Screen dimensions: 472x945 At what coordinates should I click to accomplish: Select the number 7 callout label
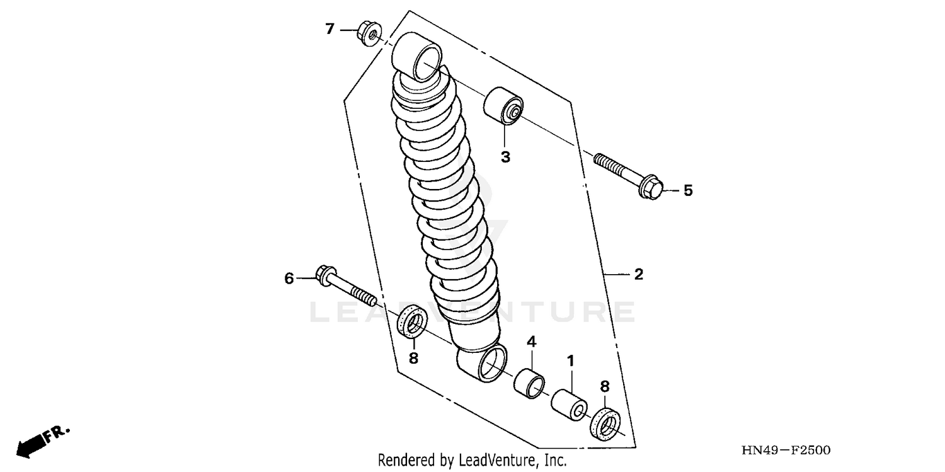point(329,29)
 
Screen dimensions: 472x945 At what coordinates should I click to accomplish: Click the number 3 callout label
point(505,157)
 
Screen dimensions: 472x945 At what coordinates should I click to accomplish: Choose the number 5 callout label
point(688,190)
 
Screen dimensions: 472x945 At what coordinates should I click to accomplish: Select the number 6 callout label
point(289,279)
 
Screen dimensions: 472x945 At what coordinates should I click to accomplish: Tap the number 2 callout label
point(638,274)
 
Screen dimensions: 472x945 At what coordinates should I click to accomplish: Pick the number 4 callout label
point(531,342)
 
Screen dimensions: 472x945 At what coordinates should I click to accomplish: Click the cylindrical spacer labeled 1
point(570,404)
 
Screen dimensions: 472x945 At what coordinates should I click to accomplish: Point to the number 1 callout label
point(571,362)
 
